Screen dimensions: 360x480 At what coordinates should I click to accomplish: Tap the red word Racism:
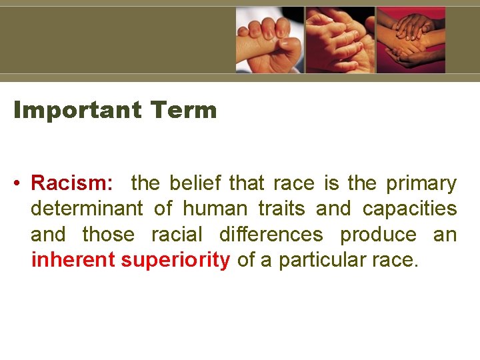coord(72,183)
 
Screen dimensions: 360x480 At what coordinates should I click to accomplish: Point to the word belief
coord(197,183)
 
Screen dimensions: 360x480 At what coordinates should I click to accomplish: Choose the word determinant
coord(87,209)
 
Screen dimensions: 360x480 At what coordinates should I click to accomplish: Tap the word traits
coord(281,209)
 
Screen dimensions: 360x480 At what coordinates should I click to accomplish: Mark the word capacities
coord(409,209)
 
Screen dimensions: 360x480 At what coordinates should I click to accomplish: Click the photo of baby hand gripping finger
coord(270,39)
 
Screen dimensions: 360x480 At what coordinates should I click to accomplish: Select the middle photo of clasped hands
coord(340,39)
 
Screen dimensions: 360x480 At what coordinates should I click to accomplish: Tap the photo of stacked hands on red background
coord(411,39)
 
